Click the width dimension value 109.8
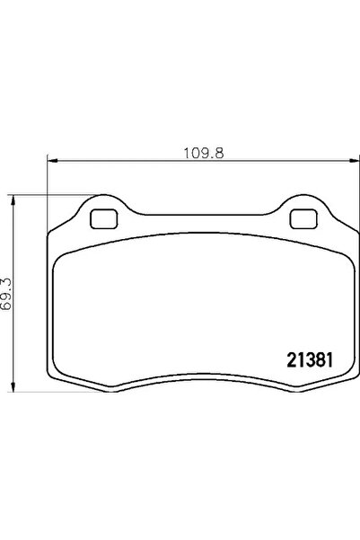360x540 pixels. (204, 154)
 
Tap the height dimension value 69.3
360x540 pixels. (6, 294)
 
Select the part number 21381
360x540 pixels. (310, 360)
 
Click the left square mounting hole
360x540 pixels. (104, 219)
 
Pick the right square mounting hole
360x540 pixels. (303, 219)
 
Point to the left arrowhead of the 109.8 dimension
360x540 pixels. (52, 160)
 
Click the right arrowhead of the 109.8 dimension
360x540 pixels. (355, 160)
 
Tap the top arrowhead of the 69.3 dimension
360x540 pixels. (13, 199)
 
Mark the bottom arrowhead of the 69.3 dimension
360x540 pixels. (13, 386)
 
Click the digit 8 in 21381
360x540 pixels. (319, 360)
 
